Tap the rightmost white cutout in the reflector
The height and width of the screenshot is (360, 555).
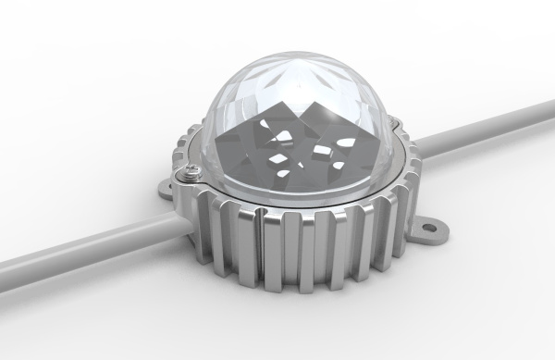(340, 165)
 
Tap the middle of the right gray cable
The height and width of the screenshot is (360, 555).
(486, 130)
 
